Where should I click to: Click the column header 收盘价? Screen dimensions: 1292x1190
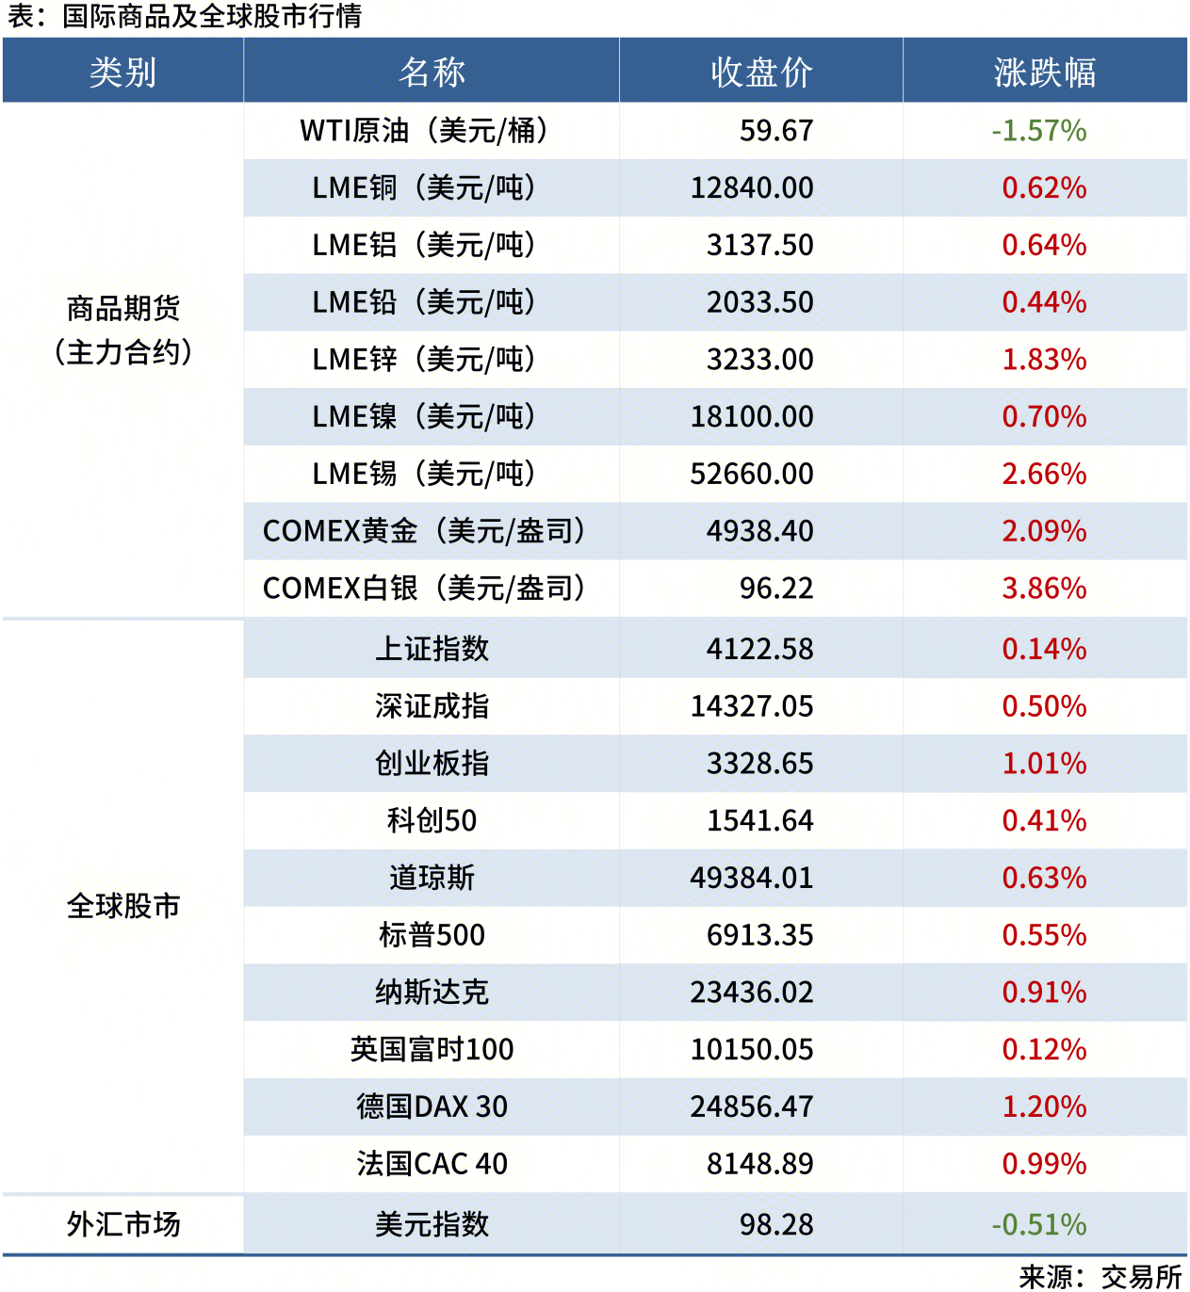(x=761, y=72)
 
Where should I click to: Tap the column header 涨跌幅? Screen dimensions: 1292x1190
(x=1044, y=72)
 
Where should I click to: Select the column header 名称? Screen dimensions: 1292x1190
(x=432, y=72)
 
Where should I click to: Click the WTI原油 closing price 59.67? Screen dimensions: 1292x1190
(x=775, y=130)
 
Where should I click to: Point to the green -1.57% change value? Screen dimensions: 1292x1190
(x=1038, y=130)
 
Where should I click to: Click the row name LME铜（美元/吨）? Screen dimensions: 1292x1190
(x=424, y=187)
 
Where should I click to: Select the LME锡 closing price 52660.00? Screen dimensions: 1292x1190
(x=751, y=474)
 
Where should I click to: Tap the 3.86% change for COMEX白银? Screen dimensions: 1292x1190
(x=1044, y=589)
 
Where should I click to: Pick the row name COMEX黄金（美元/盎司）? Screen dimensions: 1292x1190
(x=424, y=531)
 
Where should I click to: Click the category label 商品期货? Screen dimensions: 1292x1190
(x=123, y=308)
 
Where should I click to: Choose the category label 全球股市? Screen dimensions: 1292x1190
(x=123, y=906)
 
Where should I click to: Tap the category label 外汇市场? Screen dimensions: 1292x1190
(x=123, y=1224)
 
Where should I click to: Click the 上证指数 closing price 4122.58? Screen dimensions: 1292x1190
(x=759, y=649)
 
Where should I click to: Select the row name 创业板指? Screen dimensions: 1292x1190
(x=432, y=764)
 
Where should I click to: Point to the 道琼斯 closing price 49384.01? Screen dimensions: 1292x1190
(x=751, y=878)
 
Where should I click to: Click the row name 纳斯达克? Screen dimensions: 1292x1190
(x=432, y=993)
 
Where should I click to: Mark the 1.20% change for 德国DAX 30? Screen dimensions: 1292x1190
(x=1044, y=1106)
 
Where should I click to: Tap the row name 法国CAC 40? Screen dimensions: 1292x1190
(x=432, y=1164)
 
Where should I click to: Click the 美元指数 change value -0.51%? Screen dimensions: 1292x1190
(x=1038, y=1224)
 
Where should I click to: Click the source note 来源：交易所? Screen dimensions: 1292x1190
(x=1100, y=1276)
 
